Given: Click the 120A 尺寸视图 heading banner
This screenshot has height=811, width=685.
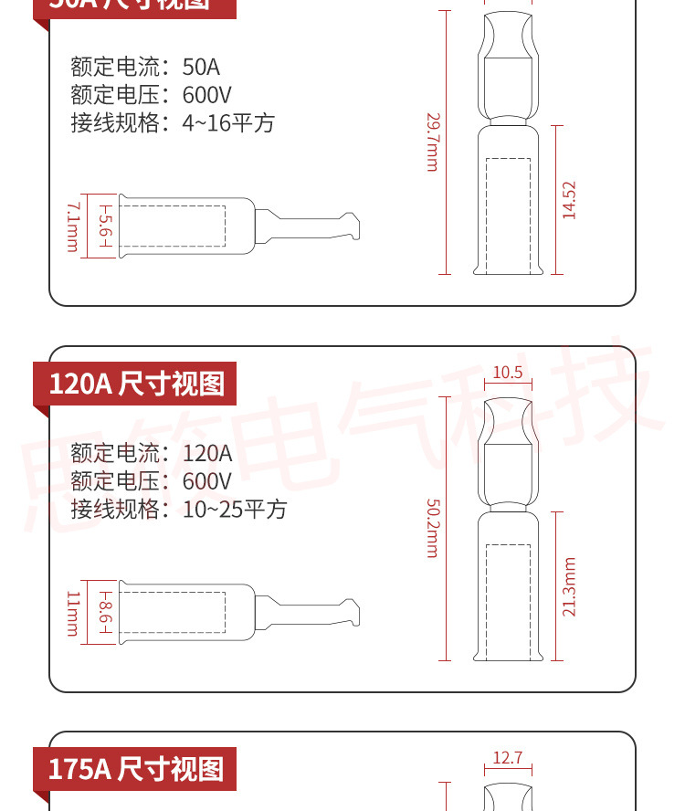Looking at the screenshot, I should click(x=135, y=384).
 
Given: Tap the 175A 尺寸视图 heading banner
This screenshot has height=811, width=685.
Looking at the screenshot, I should click(x=135, y=769).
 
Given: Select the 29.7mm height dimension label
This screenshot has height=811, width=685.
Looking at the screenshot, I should click(x=433, y=142).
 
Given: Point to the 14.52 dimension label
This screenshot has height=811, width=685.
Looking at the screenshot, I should click(x=569, y=200).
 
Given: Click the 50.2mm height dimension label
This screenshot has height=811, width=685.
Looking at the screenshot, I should click(x=433, y=528).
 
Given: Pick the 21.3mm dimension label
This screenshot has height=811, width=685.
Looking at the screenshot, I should click(x=569, y=586).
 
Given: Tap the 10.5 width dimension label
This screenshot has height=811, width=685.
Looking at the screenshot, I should click(x=507, y=372).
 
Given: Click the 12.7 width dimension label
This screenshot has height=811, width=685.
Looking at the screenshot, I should click(x=507, y=757).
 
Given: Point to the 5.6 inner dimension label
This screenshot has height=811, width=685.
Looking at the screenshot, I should click(x=104, y=226).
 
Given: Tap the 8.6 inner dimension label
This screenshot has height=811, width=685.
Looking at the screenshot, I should click(x=104, y=613).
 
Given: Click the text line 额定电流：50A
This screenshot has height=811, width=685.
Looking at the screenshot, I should click(x=145, y=67).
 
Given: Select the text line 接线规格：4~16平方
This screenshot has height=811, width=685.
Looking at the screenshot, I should click(x=173, y=123).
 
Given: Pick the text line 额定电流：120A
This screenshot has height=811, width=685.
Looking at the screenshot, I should click(x=152, y=453).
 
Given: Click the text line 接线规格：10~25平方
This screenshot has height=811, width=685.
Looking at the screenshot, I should click(x=179, y=510).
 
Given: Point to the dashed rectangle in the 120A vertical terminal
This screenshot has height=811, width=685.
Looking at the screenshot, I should click(x=508, y=603).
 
